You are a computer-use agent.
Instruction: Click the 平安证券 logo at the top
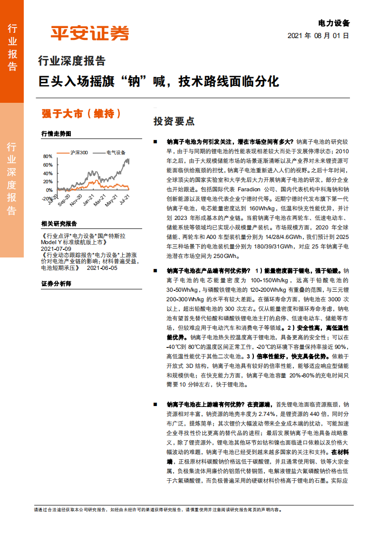(90, 33)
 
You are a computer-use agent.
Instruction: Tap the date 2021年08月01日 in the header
(318, 36)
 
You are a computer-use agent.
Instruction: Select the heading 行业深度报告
(71, 61)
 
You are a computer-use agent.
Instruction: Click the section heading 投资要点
(174, 121)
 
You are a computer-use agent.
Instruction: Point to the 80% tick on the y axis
(48, 156)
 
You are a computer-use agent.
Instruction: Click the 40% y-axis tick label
(48, 173)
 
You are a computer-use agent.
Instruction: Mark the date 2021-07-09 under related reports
(56, 248)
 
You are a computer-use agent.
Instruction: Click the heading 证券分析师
(56, 284)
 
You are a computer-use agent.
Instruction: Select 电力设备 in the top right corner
(334, 23)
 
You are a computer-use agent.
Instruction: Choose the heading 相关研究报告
(59, 223)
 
